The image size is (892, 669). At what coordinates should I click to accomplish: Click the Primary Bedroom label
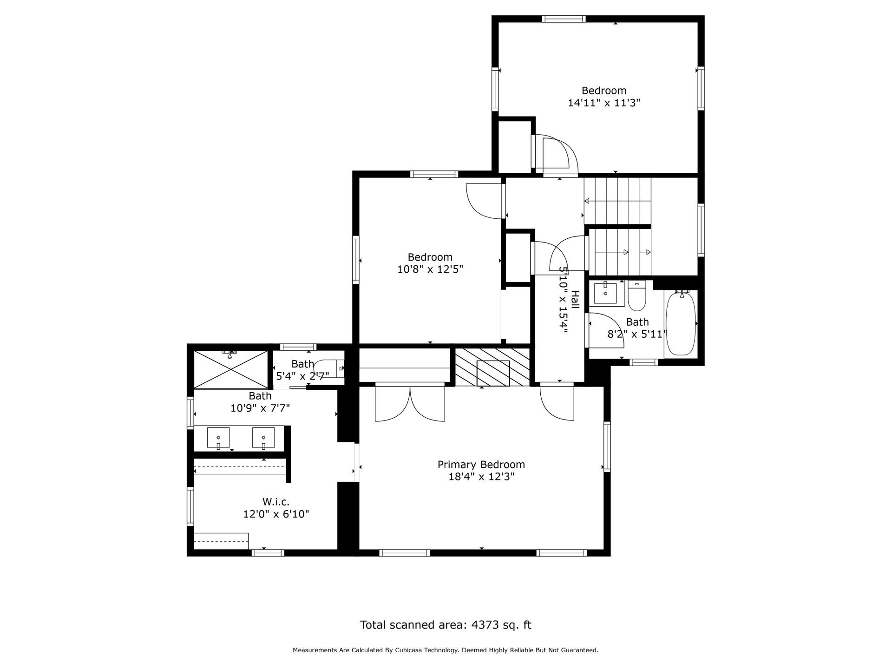coord(481,465)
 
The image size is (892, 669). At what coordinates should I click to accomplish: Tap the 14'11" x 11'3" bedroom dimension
coord(604,103)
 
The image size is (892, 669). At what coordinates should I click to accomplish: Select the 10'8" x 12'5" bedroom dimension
coord(430,269)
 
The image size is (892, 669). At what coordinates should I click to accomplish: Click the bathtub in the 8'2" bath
coord(681,323)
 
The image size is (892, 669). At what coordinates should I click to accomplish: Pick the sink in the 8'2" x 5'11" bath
coord(605,294)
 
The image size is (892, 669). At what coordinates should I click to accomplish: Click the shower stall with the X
coord(230,370)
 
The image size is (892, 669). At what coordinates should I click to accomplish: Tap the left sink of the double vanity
coord(218,438)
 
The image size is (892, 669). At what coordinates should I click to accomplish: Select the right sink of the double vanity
coord(263,438)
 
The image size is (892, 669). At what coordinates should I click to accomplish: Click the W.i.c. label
coord(276,502)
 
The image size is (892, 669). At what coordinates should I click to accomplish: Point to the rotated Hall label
coord(575,300)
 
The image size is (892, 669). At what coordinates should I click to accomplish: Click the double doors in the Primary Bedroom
coord(410,402)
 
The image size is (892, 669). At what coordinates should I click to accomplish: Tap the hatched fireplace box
coord(493,367)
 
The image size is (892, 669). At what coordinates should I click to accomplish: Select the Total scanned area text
coord(446,625)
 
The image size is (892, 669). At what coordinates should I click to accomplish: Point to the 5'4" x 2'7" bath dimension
coord(302,375)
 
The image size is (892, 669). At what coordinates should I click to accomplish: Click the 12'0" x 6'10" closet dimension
coord(276,514)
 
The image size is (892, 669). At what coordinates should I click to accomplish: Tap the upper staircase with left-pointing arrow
coord(617,201)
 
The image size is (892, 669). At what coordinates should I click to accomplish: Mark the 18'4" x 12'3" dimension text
coord(481,477)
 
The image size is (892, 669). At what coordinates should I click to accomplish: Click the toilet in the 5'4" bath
coord(329,368)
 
